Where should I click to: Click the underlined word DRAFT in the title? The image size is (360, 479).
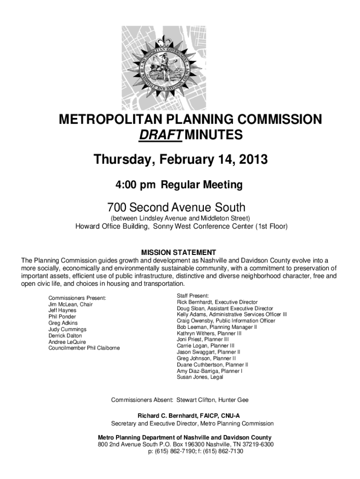pos(159,136)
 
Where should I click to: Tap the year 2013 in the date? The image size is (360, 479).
pos(252,160)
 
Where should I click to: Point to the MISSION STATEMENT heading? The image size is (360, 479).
pos(180,252)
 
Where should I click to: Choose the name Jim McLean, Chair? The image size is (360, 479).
pos(71,305)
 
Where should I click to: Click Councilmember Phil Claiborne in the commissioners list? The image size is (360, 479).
pos(84,348)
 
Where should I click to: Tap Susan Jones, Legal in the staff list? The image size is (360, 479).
pos(200,377)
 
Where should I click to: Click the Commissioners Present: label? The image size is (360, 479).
pos(77,298)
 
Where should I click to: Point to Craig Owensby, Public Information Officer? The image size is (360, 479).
pos(226,321)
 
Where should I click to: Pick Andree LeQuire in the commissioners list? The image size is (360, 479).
pos(67,342)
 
